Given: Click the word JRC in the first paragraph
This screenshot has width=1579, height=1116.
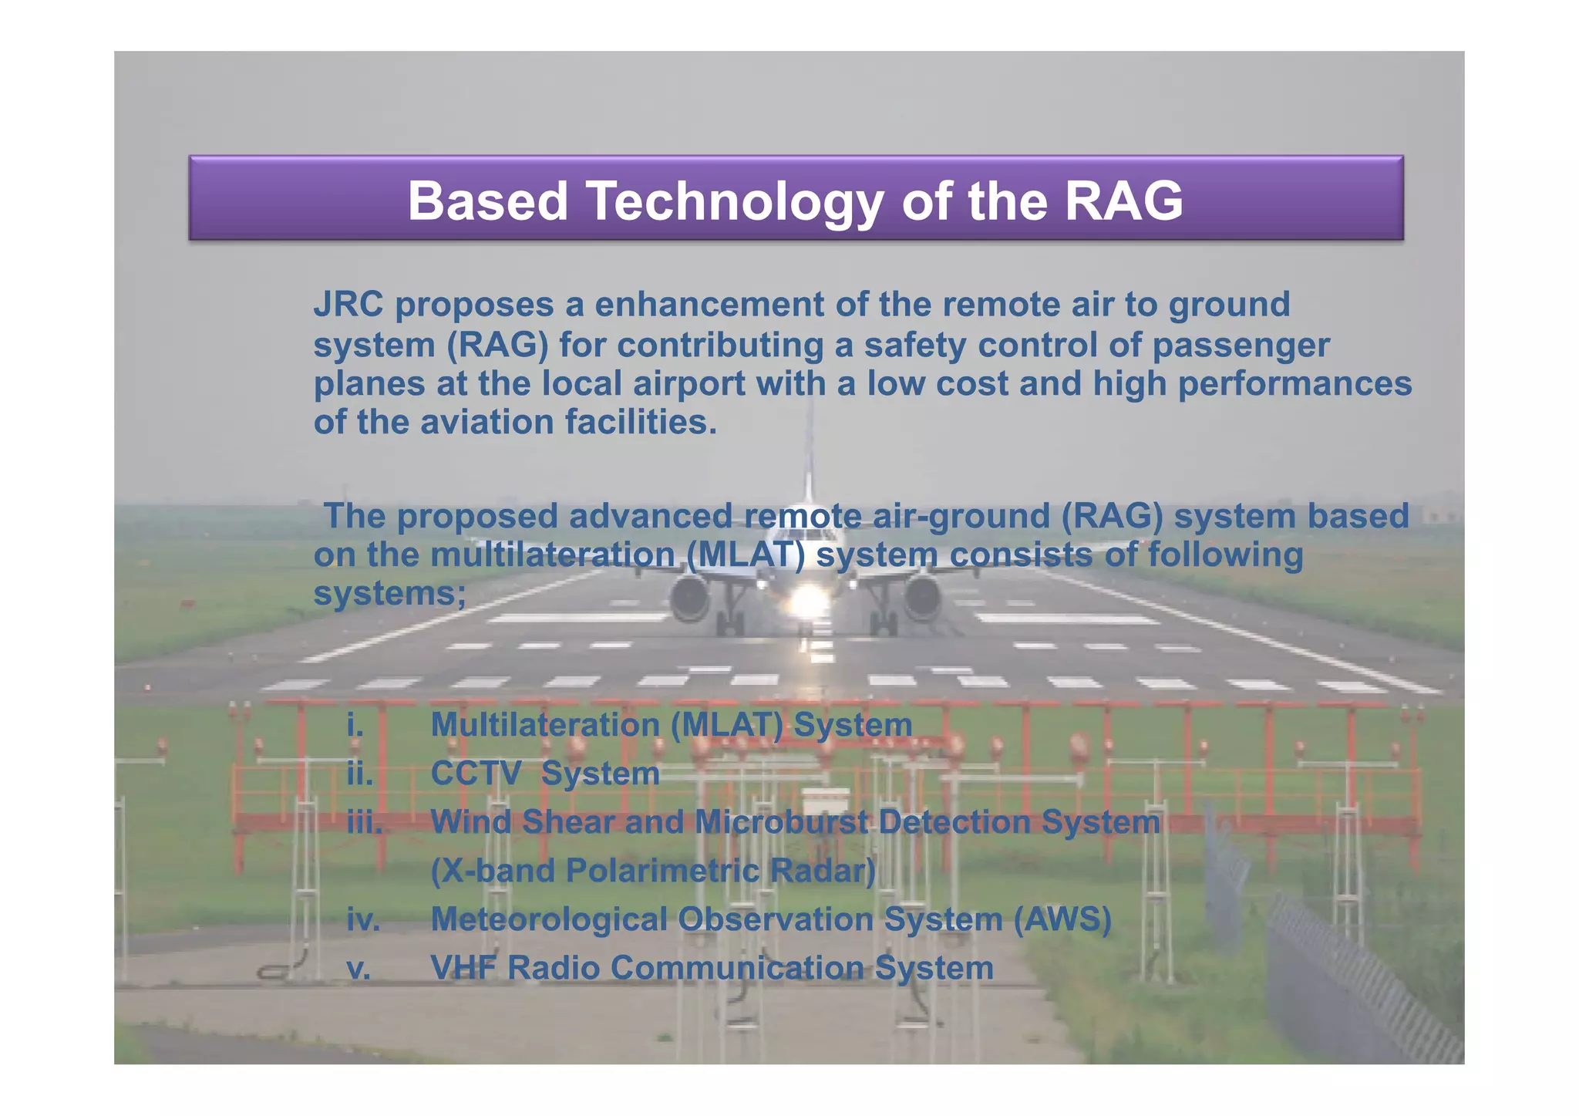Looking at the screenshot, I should click(348, 305).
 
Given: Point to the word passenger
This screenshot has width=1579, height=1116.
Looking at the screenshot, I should click(1241, 345).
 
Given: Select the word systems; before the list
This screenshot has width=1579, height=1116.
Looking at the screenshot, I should click(389, 594).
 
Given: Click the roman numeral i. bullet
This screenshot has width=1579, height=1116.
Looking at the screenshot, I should click(355, 725).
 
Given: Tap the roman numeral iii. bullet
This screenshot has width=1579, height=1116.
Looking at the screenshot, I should click(365, 822).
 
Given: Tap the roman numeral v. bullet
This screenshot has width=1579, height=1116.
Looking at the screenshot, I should click(359, 968).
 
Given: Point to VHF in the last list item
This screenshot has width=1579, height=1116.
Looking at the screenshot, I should click(463, 968).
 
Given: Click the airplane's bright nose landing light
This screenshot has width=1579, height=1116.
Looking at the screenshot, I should click(806, 600).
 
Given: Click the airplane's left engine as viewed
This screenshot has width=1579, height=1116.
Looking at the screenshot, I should click(689, 597).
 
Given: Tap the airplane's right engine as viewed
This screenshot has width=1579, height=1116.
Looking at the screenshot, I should click(922, 597).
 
